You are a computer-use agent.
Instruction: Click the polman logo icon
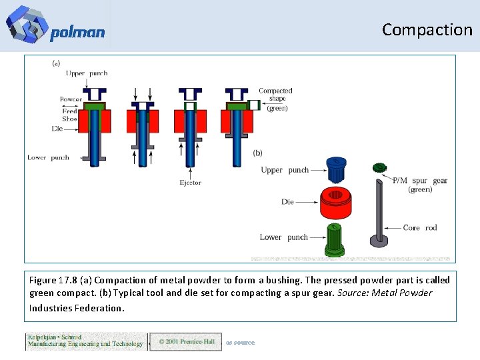coord(27,24)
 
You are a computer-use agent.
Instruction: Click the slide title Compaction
coord(427,29)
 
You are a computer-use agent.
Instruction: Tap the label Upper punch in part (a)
coord(87,73)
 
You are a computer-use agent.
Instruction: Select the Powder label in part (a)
coord(71,99)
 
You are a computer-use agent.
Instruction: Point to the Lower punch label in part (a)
coord(48,158)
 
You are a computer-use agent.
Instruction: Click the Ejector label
coord(190,183)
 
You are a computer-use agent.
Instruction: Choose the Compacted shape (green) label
coord(276,99)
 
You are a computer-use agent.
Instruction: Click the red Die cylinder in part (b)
coord(341,203)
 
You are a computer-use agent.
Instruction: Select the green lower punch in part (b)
coord(335,240)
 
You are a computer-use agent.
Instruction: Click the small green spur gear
coord(379,168)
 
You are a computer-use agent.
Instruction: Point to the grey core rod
coord(378,213)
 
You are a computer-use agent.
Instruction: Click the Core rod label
coord(420,228)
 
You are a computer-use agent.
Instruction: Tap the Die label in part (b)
coord(287,201)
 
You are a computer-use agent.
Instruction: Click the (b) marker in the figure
coord(258,153)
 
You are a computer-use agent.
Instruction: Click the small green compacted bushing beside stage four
coord(254,105)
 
